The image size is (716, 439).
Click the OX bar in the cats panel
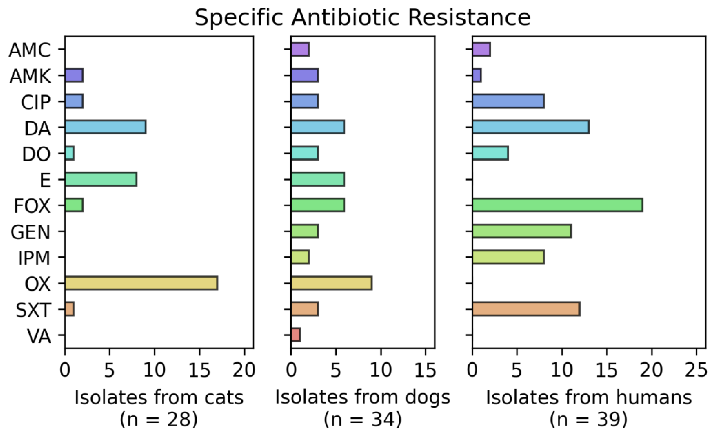pos(141,283)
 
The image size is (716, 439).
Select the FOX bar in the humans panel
pos(557,205)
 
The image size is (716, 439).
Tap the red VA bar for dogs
pos(295,335)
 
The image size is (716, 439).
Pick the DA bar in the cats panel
pos(105,127)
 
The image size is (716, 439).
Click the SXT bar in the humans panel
pos(526,309)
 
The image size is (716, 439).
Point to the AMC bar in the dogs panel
pos(300,49)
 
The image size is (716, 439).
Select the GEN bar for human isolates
pos(522,231)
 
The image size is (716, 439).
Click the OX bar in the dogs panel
pos(331,283)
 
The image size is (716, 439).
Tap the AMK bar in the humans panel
pos(477,75)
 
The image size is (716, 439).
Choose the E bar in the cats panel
pos(101,179)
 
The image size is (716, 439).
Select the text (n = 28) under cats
pos(159,420)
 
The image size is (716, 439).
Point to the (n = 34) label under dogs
pos(363,420)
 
